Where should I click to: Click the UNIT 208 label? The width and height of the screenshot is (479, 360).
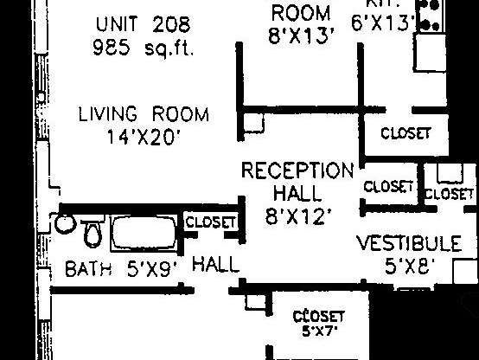coord(143,23)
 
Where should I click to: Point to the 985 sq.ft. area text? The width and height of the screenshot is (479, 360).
coord(143,48)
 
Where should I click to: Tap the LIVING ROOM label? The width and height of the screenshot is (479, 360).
coord(144,114)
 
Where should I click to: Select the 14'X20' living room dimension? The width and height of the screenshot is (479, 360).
coord(144,136)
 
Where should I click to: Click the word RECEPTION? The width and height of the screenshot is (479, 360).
coord(297,170)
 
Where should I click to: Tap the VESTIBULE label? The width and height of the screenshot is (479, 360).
coord(409,243)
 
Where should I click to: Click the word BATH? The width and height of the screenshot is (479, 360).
coord(88,268)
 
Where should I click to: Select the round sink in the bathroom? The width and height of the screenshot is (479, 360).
coord(65,223)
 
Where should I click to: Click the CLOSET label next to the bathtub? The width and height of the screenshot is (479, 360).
coord(210,222)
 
